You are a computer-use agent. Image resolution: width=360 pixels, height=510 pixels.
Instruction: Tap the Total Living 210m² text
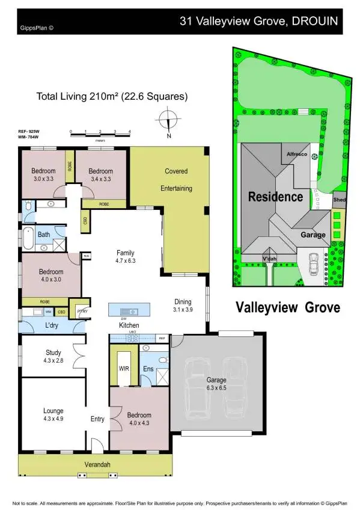(112, 96)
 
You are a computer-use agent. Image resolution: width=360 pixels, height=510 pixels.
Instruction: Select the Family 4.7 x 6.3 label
(125, 257)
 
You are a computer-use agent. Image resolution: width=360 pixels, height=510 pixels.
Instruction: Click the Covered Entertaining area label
(176, 180)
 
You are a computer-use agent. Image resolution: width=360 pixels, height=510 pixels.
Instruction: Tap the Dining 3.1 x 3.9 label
(183, 306)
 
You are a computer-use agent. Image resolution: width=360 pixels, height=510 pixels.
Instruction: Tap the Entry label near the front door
(97, 419)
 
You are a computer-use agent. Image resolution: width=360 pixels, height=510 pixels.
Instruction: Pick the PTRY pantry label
(79, 311)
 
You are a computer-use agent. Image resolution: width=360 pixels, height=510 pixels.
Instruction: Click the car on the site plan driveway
(313, 263)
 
